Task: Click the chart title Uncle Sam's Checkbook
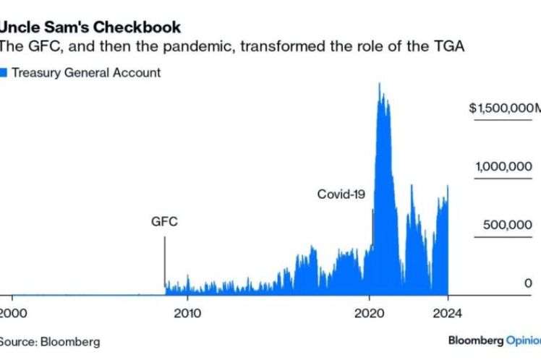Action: (x=90, y=27)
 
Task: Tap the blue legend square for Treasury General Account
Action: (x=4, y=72)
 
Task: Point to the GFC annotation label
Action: (x=164, y=222)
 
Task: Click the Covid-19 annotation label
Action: (x=343, y=194)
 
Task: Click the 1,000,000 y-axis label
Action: (x=503, y=167)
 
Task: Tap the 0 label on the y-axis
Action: (x=528, y=283)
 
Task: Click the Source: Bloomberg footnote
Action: (x=49, y=341)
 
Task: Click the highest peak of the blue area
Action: (x=380, y=84)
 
